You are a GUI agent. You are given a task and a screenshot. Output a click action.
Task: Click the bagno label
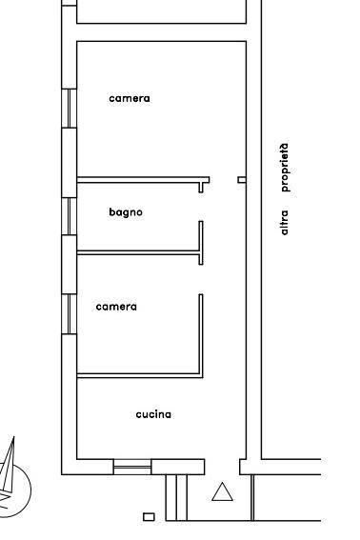(126, 212)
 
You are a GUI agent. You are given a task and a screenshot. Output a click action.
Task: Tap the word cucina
(153, 414)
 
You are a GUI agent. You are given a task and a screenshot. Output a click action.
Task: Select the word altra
(284, 223)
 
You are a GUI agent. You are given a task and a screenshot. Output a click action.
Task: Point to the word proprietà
(285, 168)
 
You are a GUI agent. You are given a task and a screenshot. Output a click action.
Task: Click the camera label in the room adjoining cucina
(116, 307)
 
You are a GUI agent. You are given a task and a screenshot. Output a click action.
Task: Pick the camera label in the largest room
(130, 98)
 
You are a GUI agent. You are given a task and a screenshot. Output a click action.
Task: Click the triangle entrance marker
(222, 491)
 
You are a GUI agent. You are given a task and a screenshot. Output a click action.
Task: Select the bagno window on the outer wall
(69, 216)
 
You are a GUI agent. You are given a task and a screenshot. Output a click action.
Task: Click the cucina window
(132, 467)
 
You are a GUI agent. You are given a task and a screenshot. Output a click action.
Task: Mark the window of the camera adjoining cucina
(69, 314)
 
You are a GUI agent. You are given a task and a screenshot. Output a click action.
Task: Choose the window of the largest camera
(69, 109)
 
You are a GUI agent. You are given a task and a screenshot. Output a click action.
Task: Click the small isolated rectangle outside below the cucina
(149, 517)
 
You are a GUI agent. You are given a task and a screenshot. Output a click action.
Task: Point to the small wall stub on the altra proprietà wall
(242, 180)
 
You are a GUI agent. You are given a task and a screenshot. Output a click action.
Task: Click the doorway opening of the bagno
(201, 207)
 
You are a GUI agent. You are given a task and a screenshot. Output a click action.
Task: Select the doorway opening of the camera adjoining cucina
(201, 279)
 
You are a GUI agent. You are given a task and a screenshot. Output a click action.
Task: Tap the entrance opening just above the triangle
(222, 467)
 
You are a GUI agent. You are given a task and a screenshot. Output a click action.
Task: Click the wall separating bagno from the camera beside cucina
(138, 252)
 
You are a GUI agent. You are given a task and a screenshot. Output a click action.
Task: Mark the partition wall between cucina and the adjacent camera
(138, 376)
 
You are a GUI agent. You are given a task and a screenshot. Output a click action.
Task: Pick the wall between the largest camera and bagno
(143, 180)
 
